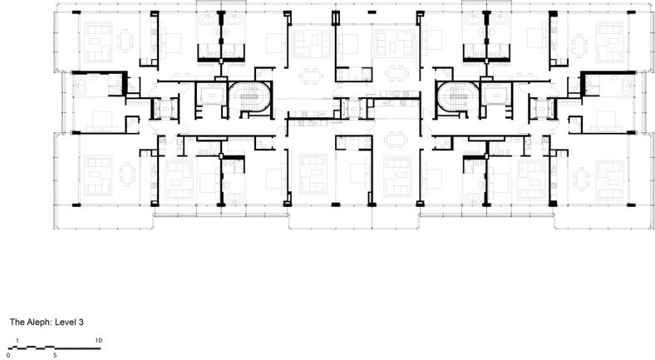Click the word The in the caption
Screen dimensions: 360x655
[x=17, y=320]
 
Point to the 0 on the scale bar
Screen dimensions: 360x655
[x=8, y=355]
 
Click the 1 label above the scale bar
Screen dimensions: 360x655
[x=18, y=341]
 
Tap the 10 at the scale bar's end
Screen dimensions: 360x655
[x=98, y=341]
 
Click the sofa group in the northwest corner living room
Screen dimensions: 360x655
[x=96, y=37]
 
